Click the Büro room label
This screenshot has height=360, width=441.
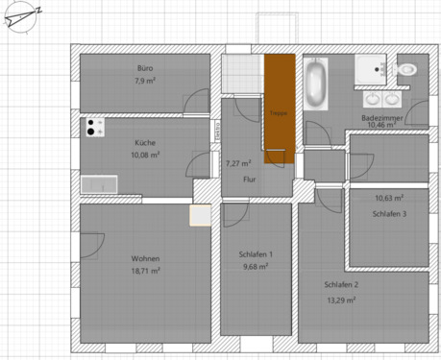tap(145, 68)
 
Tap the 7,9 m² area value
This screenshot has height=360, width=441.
tap(145, 81)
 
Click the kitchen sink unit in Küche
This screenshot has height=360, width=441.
tap(98, 184)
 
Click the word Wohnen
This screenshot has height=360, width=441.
tap(145, 259)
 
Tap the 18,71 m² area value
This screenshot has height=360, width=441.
tap(145, 272)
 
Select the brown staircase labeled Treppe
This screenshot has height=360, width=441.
tap(280, 108)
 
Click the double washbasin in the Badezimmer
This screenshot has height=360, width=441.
tap(380, 98)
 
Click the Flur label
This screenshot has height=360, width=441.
tap(250, 180)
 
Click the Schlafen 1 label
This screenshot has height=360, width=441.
tap(257, 253)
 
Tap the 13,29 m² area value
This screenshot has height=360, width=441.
tap(341, 300)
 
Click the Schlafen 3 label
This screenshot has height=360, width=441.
tap(390, 213)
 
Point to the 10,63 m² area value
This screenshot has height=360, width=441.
tap(389, 199)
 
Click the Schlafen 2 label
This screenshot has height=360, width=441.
tap(341, 286)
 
